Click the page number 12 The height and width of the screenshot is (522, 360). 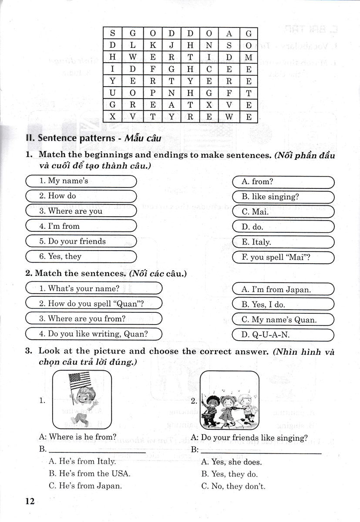tap(30, 501)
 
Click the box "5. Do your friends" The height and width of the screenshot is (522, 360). tap(81, 241)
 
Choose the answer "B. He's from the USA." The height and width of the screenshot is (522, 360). tap(90, 473)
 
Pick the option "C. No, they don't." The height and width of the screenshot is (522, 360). tap(233, 486)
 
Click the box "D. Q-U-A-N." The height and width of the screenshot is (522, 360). tap(283, 335)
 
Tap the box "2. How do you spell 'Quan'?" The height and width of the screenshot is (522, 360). tap(94, 304)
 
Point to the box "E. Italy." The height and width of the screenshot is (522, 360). tap(283, 242)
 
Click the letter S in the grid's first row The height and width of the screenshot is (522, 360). tap(113, 33)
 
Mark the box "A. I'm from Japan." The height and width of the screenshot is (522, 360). tap(283, 289)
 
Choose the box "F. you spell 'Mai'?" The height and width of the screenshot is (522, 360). tap(283, 257)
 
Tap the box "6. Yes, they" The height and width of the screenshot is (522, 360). tap(81, 257)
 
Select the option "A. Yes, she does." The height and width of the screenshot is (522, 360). tap(231, 462)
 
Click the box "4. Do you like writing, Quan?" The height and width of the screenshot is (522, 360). tap(94, 334)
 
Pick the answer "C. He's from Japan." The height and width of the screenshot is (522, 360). tap(85, 486)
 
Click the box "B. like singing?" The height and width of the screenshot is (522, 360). tap(283, 197)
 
